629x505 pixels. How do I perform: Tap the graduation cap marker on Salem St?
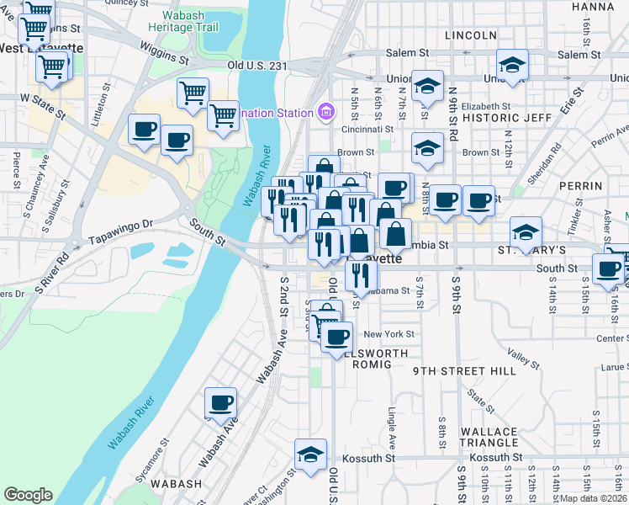pos(512,65)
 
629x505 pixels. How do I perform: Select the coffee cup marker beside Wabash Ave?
pos(221,402)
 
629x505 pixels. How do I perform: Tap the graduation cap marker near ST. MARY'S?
pos(526,231)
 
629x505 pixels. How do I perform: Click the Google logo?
pos(28,495)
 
